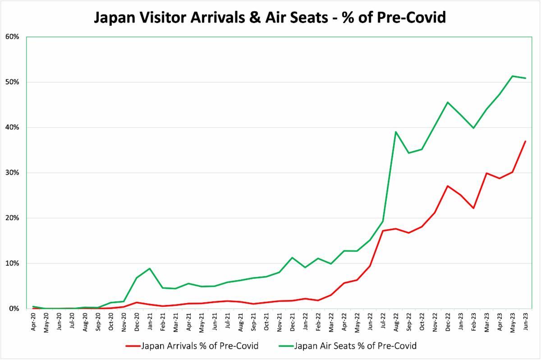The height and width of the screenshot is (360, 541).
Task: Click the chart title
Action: (270, 17)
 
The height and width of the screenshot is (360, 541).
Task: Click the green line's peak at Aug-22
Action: (396, 132)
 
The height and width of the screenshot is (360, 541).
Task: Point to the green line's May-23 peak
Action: (513, 76)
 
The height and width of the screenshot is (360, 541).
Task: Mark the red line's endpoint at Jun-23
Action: (526, 141)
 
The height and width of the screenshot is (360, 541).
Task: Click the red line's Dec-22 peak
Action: (448, 186)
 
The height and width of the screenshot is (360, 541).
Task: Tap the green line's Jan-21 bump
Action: (149, 268)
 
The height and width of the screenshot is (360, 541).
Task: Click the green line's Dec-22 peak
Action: (448, 102)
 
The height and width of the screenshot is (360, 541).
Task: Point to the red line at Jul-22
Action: (383, 231)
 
